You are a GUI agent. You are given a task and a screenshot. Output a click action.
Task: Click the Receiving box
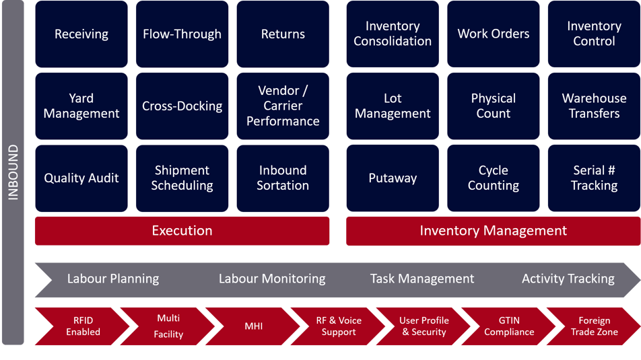tap(81, 34)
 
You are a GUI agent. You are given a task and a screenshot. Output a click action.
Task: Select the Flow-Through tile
tap(182, 34)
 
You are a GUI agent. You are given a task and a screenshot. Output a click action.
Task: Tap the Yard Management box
tap(81, 106)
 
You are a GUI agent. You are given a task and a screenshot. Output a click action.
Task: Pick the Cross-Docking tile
tap(182, 106)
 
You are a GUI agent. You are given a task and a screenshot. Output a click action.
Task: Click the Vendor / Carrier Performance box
tap(283, 106)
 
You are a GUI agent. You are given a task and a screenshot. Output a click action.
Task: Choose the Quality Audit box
tap(81, 178)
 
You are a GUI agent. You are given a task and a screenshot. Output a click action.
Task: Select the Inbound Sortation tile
tap(283, 178)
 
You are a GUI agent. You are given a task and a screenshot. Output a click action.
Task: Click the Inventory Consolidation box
tap(393, 34)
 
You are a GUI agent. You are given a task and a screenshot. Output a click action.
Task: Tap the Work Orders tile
tap(494, 34)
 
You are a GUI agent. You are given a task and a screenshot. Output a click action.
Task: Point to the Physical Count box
tap(494, 106)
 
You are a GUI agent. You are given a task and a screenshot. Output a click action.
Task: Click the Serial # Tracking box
tap(593, 178)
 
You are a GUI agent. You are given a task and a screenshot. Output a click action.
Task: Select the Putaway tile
tap(393, 178)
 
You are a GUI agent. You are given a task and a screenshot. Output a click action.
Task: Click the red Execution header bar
tap(182, 231)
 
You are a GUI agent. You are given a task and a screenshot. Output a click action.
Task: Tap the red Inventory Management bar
tap(493, 231)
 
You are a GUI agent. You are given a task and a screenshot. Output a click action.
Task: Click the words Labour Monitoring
tap(272, 279)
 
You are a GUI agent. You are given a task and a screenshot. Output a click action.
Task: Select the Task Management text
tap(422, 279)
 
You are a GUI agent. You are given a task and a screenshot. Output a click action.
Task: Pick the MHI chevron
tap(254, 326)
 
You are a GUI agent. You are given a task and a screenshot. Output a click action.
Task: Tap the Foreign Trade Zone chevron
tap(594, 326)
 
